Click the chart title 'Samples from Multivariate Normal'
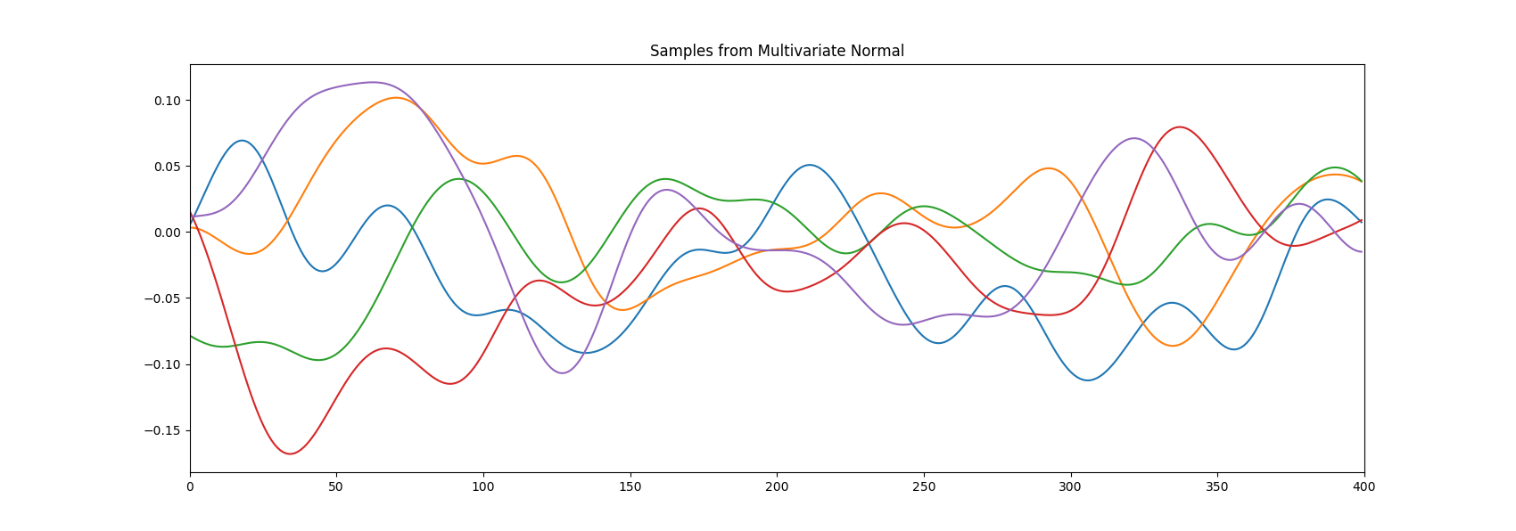[x=777, y=51]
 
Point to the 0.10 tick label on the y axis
[x=167, y=101]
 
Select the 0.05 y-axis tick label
[x=167, y=167]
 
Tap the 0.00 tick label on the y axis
[x=167, y=233]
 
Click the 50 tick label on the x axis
[x=337, y=487]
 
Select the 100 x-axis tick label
[x=483, y=487]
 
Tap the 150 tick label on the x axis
[x=630, y=487]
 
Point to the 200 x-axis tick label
[x=777, y=487]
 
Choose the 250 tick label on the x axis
[x=924, y=487]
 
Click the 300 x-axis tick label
[x=1070, y=487]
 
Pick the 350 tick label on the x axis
[x=1217, y=487]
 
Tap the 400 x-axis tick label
[x=1364, y=487]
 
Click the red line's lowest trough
[x=291, y=453]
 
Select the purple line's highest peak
[x=373, y=82]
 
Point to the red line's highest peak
[x=1180, y=127]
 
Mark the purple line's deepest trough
[x=563, y=372]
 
